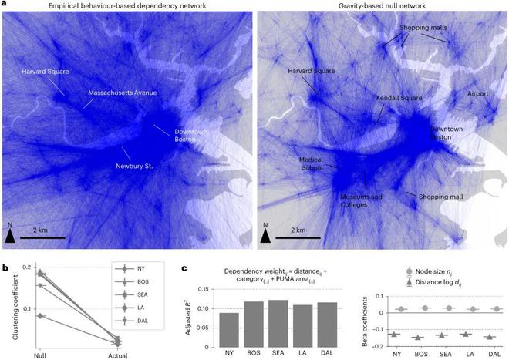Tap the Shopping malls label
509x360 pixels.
(x=423, y=28)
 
